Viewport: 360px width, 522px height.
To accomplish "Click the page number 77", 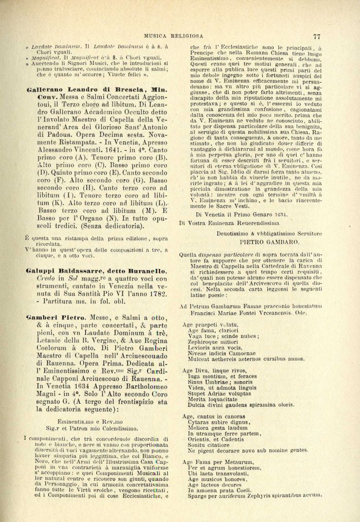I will click(316, 37).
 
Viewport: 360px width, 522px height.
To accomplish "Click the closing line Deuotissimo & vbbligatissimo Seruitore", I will click(265, 233).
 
